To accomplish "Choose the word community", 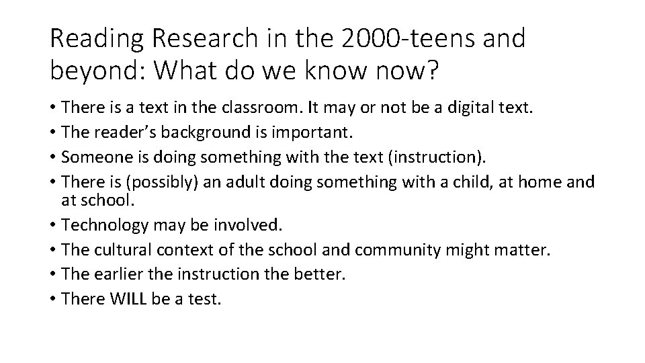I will pyautogui.click(x=396, y=250).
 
